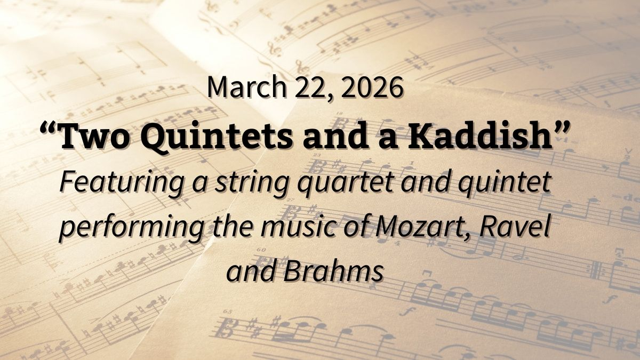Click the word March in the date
pos(238,87)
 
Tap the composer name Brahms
pos(333,271)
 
